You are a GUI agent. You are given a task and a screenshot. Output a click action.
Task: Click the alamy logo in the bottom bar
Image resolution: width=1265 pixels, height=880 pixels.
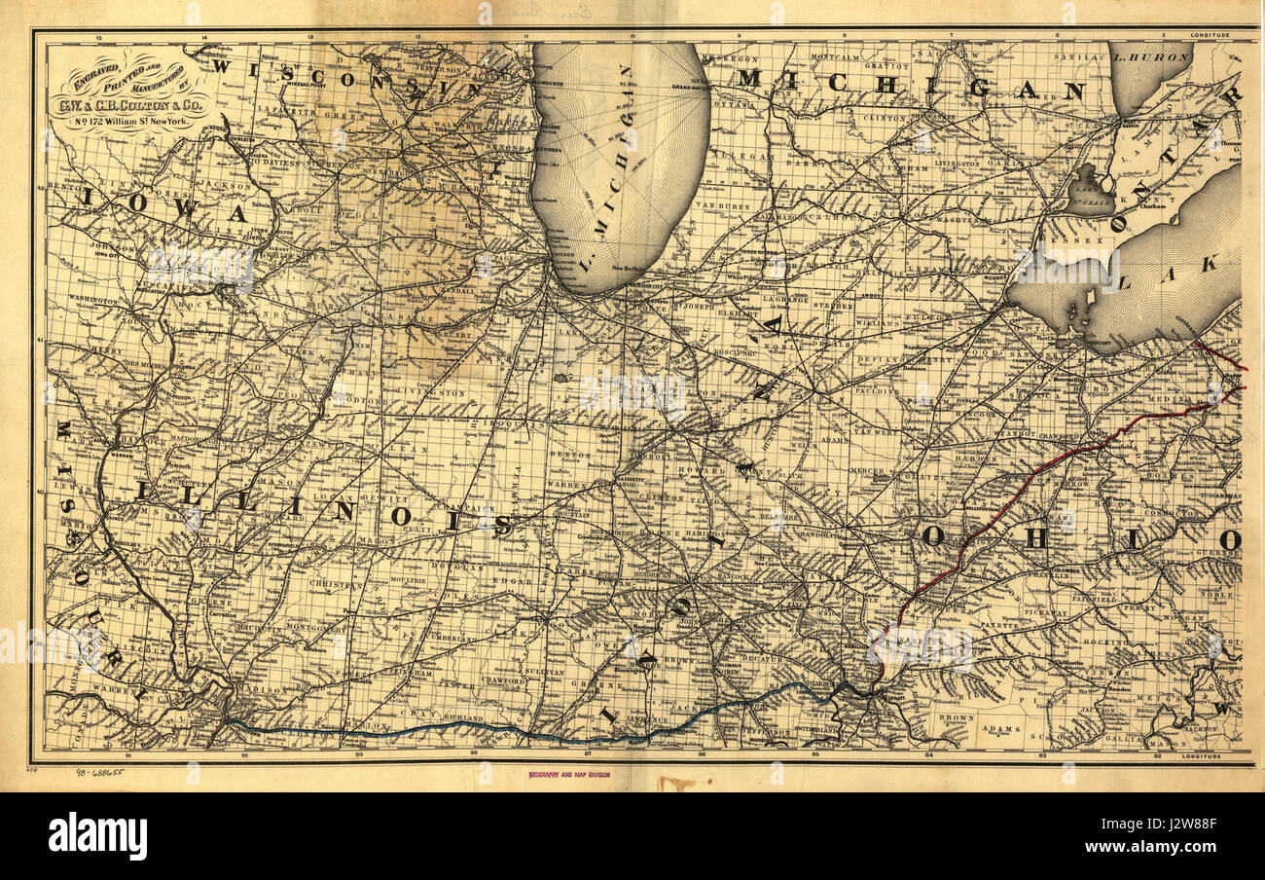pos(97,836)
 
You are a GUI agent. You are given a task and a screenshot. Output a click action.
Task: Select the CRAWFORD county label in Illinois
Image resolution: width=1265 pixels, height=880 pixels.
pos(504,681)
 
